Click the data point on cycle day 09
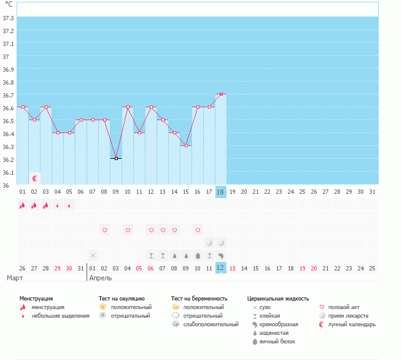click(x=116, y=158)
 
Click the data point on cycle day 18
click(x=221, y=94)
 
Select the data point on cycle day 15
click(x=186, y=145)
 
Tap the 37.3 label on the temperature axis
click(x=9, y=18)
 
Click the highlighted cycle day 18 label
click(x=221, y=191)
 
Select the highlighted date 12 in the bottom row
click(x=221, y=268)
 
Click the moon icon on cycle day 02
click(x=35, y=178)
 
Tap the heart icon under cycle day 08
click(x=104, y=231)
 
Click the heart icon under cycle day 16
click(x=198, y=231)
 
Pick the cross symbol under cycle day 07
click(x=93, y=255)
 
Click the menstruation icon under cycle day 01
click(x=22, y=205)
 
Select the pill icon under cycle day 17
click(x=209, y=243)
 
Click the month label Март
click(x=15, y=278)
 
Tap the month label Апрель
click(x=101, y=278)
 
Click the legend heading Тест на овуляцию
click(x=122, y=299)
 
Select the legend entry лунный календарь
click(x=352, y=324)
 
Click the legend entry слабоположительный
click(x=211, y=324)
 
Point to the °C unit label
click(x=9, y=4)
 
